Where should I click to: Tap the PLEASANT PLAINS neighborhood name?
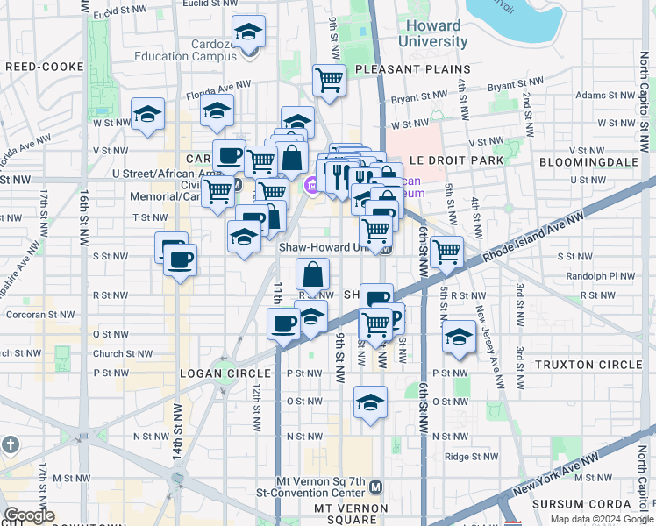coord(412,69)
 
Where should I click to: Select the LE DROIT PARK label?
coord(456,161)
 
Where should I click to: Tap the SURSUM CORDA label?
coord(582,504)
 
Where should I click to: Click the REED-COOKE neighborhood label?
coord(43,66)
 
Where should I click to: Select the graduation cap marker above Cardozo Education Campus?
coord(249,32)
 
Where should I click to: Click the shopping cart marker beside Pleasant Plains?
coord(329,81)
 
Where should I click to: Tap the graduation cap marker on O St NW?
coord(370,403)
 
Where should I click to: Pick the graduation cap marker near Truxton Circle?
coord(459,337)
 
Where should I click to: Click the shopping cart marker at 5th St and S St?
coord(447,252)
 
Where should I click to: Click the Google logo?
coord(30,515)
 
